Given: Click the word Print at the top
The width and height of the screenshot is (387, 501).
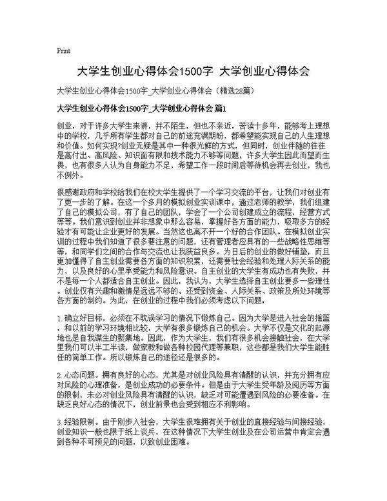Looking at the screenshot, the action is pos(63,50).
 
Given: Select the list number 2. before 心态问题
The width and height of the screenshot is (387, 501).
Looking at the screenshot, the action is pos(60,393).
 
